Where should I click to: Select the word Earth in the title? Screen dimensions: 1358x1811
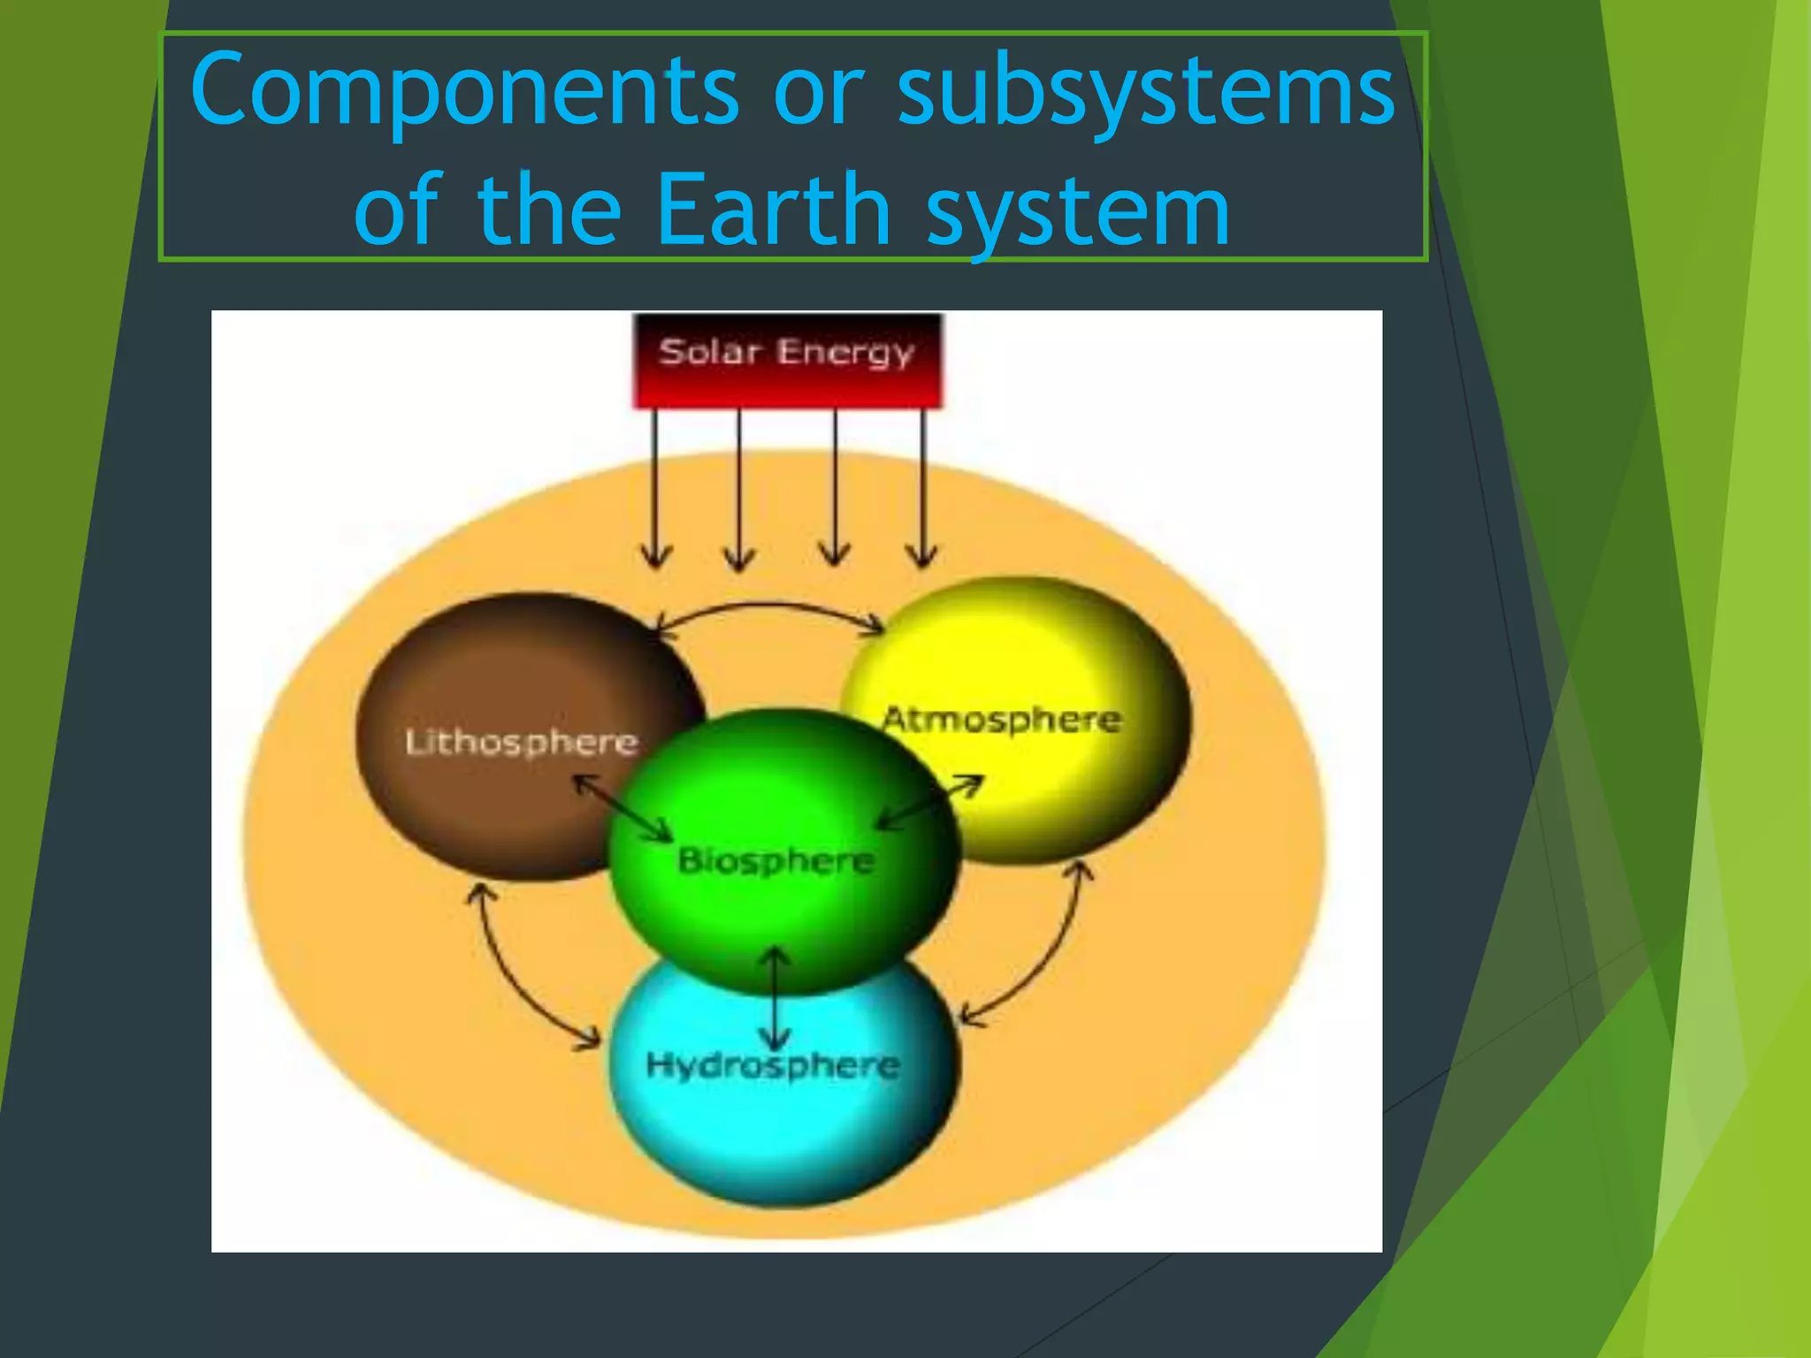coord(773,210)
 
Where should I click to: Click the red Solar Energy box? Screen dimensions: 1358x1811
coord(787,361)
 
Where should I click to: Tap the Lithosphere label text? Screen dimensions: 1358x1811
coord(521,742)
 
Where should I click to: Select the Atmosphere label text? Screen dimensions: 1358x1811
coord(1002,719)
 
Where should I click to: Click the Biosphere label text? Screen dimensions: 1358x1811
coord(776,859)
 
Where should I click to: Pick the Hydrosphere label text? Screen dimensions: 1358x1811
coord(773,1064)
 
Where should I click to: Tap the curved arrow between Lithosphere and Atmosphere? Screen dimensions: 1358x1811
coord(768,607)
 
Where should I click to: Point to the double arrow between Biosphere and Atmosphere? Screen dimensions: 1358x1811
coord(928,802)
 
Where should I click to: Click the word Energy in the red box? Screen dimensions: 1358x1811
coord(845,352)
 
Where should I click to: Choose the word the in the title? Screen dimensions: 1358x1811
coord(548,210)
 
